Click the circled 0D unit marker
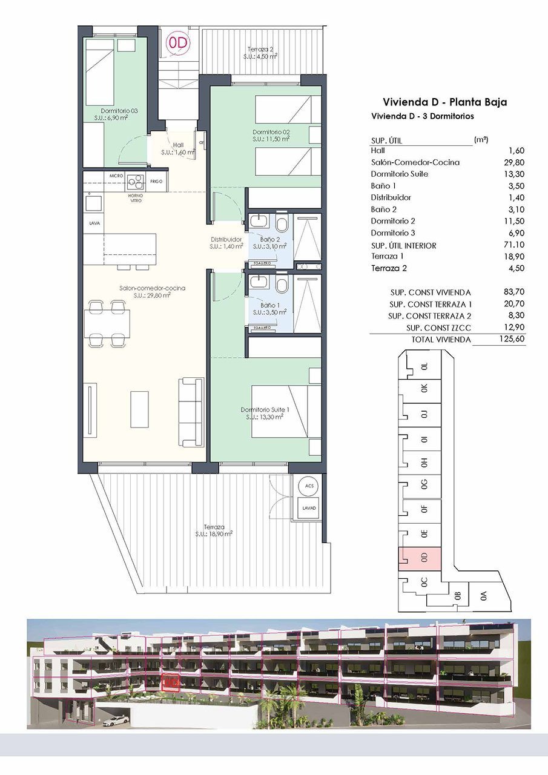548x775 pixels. (x=178, y=43)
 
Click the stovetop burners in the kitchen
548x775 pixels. (x=135, y=182)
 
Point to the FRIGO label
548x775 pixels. (x=156, y=181)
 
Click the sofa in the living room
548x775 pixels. (x=191, y=412)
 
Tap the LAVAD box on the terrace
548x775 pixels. (x=309, y=508)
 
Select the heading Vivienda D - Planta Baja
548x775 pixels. (x=444, y=102)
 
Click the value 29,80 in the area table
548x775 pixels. (x=513, y=162)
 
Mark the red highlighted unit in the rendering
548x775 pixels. (x=171, y=682)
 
